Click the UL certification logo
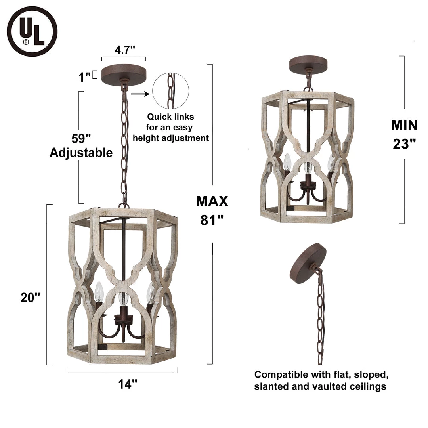pos(32,31)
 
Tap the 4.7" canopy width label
pos(125,50)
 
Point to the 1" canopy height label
pos(84,77)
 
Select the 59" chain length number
pos(81,138)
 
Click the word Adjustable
pos(81,153)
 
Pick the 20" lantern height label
pos(30,298)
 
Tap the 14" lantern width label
pos(128,384)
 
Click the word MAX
pos(212,201)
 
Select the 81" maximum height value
pos(212,220)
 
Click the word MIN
pos(404,125)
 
